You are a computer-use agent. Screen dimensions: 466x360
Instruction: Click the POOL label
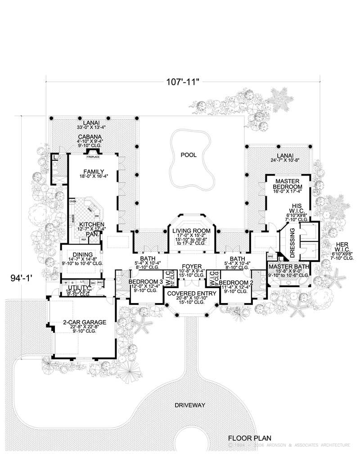click(189, 154)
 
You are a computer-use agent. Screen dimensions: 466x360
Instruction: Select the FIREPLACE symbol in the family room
click(93, 157)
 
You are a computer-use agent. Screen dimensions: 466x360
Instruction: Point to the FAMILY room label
click(94, 172)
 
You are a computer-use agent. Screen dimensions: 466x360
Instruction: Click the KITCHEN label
click(92, 224)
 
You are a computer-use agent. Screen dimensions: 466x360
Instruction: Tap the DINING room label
click(81, 254)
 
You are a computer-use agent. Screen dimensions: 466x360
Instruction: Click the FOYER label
click(189, 267)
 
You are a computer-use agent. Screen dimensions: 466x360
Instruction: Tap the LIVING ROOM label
click(189, 231)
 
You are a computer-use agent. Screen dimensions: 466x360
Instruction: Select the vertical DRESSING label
click(292, 243)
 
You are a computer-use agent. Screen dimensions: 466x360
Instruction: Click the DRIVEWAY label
click(189, 405)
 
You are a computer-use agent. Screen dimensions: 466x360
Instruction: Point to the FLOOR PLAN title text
click(249, 437)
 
